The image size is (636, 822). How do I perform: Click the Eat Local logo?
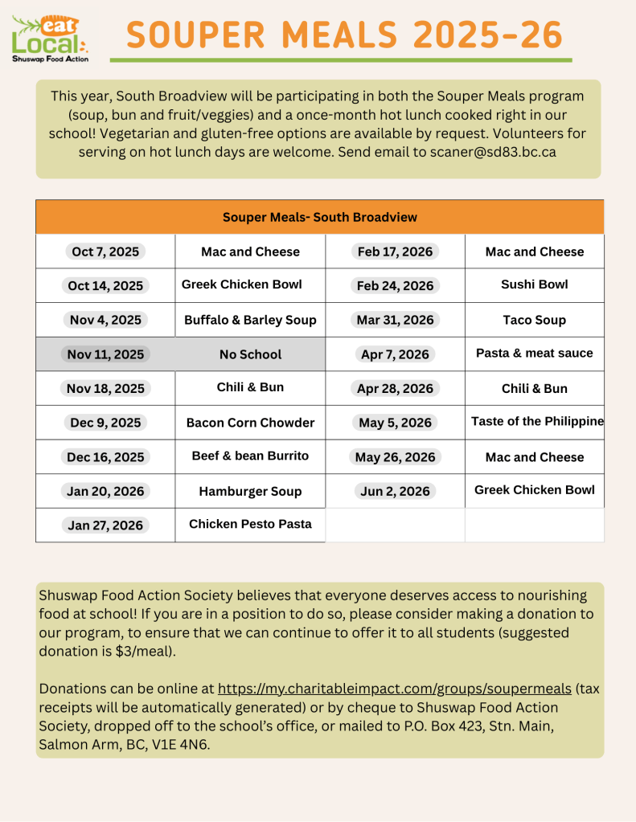(50, 38)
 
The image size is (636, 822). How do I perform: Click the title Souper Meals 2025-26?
(344, 35)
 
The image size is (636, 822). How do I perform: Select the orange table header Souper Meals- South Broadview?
(319, 217)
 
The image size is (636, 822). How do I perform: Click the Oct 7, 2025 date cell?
(105, 252)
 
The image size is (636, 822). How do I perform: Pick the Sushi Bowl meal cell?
(534, 284)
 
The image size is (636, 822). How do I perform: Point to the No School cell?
(250, 354)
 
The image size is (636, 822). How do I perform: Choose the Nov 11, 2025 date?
(105, 354)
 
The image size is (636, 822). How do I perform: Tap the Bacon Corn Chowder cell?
(250, 423)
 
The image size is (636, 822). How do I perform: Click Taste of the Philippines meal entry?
(536, 421)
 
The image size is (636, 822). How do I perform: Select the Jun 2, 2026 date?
(395, 491)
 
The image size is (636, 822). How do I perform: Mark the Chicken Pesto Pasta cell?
(250, 524)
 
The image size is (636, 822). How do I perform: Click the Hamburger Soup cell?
(250, 491)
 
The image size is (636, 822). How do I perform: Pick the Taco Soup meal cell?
(534, 320)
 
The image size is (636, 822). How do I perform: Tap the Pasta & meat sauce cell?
(534, 353)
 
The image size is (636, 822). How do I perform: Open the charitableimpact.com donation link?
(394, 689)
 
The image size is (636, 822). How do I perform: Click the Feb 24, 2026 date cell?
(395, 286)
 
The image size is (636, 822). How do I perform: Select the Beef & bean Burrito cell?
(250, 456)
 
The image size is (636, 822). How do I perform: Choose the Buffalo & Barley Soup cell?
(250, 320)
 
